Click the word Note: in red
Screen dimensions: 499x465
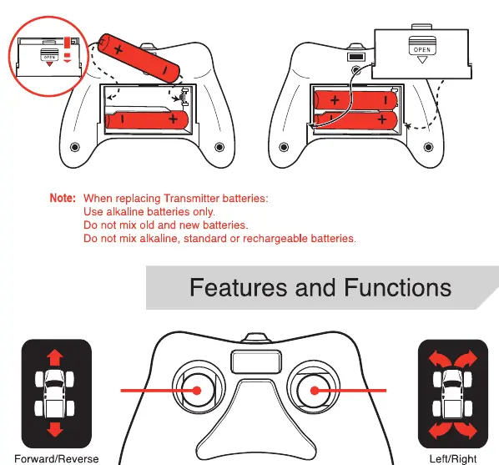[63, 198]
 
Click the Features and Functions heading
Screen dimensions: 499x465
[320, 287]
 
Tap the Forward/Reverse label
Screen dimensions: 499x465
[57, 459]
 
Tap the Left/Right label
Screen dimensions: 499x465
[453, 459]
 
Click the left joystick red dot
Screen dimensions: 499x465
[197, 391]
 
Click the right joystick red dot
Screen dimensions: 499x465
[315, 391]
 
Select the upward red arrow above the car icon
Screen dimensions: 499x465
[55, 357]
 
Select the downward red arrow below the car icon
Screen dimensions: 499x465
[55, 430]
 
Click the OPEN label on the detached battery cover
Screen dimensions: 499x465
[422, 50]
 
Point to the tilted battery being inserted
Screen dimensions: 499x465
[139, 58]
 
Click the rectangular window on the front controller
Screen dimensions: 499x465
[256, 361]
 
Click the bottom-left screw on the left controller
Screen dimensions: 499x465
[75, 147]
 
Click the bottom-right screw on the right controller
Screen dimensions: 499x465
[428, 147]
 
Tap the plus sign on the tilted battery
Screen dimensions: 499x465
[118, 49]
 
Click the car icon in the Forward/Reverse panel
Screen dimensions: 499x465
[55, 394]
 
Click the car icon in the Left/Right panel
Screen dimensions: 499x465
[452, 394]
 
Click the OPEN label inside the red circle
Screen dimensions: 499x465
[49, 58]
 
